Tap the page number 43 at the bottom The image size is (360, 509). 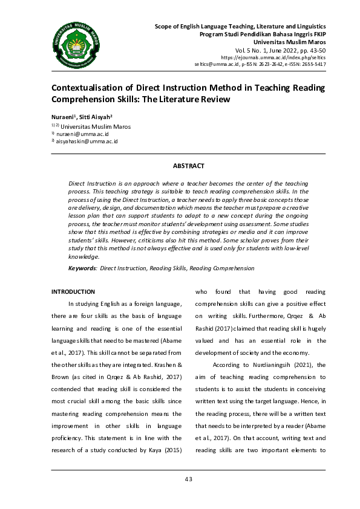pyautogui.click(x=188, y=479)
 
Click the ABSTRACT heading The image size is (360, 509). pyautogui.click(x=188, y=166)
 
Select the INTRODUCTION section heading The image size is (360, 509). pyautogui.click(x=73, y=291)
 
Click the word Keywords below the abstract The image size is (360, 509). pyautogui.click(x=82, y=267)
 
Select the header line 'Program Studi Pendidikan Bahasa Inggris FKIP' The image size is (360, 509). pyautogui.click(x=263, y=34)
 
